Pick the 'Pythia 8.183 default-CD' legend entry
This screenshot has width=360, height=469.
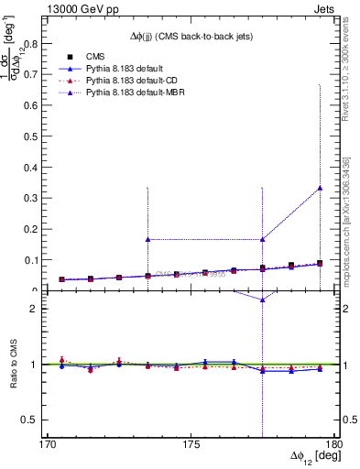[x=135, y=82]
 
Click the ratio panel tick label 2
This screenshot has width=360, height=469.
[x=38, y=309]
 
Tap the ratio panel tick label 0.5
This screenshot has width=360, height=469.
[x=34, y=420]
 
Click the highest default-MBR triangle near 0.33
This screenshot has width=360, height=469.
[x=320, y=187]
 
